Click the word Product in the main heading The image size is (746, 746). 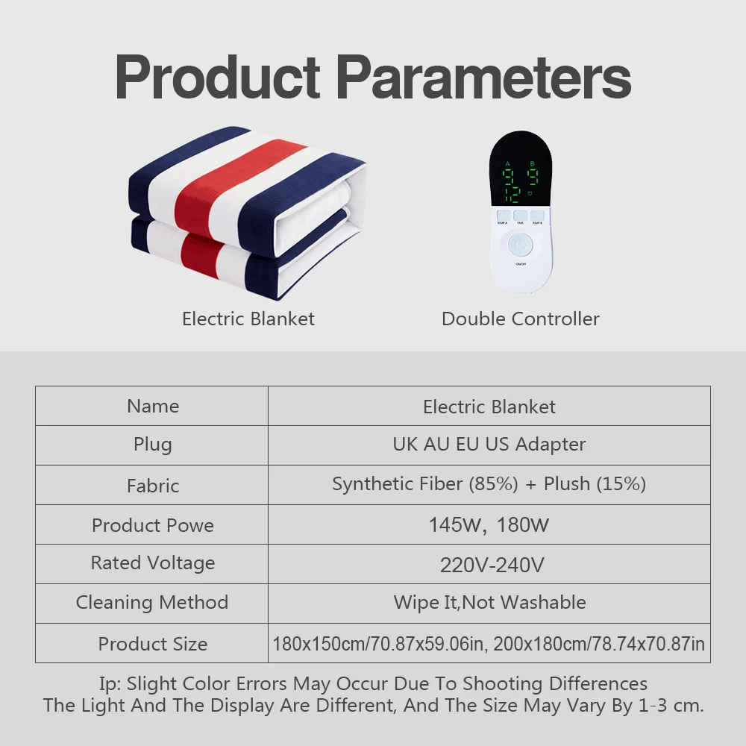pos(217,77)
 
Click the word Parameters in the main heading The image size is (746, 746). pos(484,77)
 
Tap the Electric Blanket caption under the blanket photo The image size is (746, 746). pos(248,319)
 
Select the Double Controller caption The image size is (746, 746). pos(521,319)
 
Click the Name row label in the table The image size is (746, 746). pos(153,407)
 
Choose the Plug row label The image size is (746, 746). pos(153,445)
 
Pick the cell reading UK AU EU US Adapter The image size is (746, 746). pos(489,445)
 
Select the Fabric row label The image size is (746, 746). pos(153,486)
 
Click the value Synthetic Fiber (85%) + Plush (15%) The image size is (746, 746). pos(489,484)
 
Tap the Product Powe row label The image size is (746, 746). pos(153,525)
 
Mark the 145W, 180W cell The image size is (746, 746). pos(489,525)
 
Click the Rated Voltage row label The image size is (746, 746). pos(153,563)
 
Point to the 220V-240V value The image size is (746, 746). pos(492,565)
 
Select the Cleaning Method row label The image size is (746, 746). pos(152,602)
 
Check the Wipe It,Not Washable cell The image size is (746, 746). pos(489,602)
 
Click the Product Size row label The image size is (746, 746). pos(153,644)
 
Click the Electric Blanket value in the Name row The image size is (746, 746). pos(489,407)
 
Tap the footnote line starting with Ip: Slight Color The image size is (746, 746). pos(373,683)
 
